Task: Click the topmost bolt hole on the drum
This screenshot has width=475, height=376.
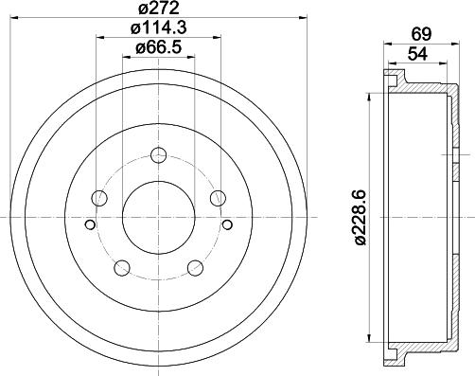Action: pos(158,155)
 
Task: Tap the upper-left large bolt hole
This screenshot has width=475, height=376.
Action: pos(99,198)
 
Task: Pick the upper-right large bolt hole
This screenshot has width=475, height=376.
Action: pos(218,198)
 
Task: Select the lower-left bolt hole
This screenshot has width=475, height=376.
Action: pos(122,267)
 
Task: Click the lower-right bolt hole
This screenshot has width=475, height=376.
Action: pos(195,267)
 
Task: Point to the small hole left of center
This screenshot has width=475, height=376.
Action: pos(89,224)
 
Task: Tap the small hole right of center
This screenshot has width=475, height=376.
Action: pos(228,224)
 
